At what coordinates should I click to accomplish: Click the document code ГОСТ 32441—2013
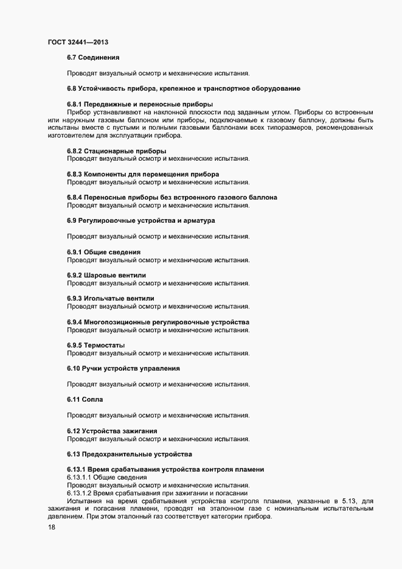[78, 42]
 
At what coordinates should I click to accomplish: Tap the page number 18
[52, 528]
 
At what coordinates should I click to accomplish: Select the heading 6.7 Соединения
[97, 58]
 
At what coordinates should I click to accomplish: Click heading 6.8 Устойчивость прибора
[183, 89]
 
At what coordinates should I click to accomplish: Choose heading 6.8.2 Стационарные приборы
[116, 151]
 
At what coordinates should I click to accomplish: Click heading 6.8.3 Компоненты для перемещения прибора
[143, 174]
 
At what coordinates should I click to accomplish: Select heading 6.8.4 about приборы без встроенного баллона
[172, 197]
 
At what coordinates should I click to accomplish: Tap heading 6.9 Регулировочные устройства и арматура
[140, 220]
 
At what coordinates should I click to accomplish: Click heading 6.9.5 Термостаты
[96, 345]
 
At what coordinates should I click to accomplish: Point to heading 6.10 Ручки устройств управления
[123, 368]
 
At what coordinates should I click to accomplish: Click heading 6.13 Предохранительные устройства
[130, 454]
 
